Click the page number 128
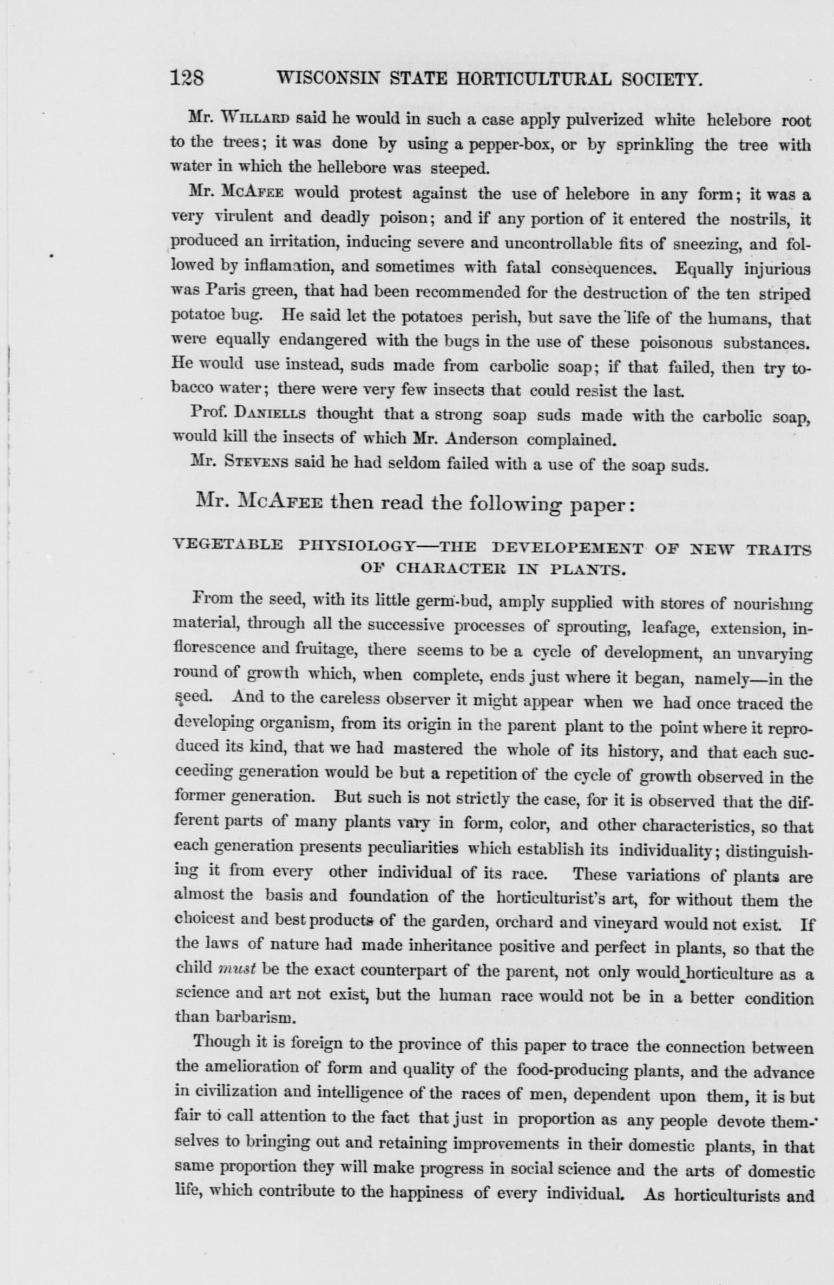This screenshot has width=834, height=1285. click(x=187, y=80)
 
